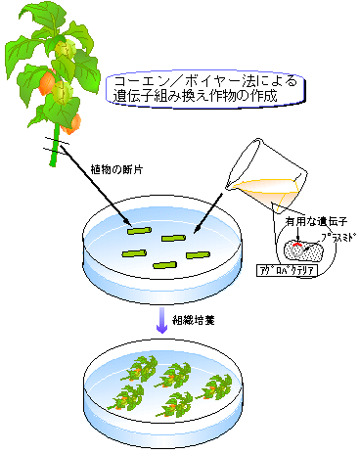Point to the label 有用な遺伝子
pyautogui.click(x=302, y=222)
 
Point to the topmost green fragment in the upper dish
pyautogui.click(x=138, y=231)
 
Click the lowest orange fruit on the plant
pyautogui.click(x=72, y=122)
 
